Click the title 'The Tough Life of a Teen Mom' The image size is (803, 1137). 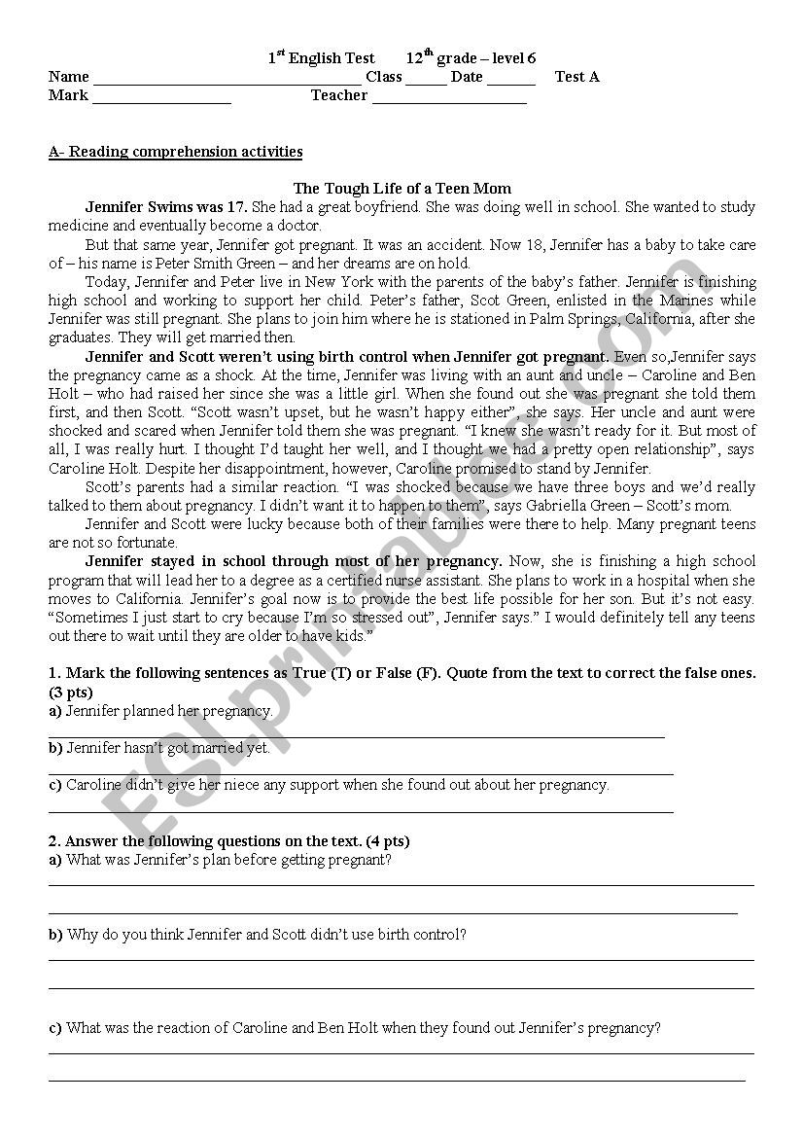pyautogui.click(x=401, y=189)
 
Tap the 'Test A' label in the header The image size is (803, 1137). pyautogui.click(x=576, y=77)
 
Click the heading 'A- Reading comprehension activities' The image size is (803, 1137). pyautogui.click(x=175, y=152)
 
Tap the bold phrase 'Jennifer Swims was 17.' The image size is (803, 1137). pyautogui.click(x=166, y=207)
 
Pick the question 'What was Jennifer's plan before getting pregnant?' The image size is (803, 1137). pyautogui.click(x=228, y=860)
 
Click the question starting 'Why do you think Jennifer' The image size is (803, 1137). pyautogui.click(x=266, y=935)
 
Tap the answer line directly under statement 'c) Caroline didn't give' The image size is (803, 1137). pyautogui.click(x=360, y=810)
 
